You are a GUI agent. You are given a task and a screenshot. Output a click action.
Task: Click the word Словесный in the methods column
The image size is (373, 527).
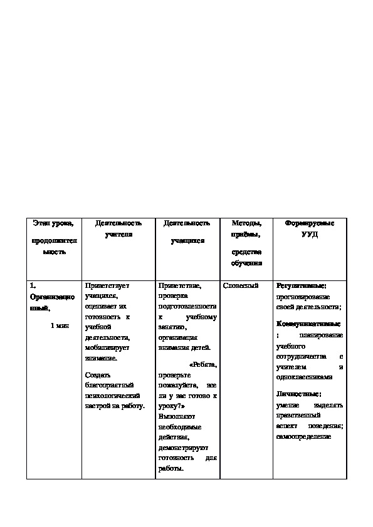pyautogui.click(x=241, y=286)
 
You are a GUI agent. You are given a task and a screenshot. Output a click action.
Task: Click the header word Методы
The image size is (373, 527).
pyautogui.click(x=246, y=223)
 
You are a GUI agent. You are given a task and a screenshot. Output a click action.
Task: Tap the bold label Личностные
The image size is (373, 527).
pyautogui.click(x=298, y=394)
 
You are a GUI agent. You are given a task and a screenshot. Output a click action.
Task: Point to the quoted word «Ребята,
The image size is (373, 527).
pyautogui.click(x=202, y=365)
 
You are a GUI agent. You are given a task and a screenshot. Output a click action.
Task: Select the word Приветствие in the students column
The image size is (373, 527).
pyautogui.click(x=180, y=286)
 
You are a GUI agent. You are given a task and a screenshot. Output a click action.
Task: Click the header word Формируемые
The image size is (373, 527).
pyautogui.click(x=310, y=223)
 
